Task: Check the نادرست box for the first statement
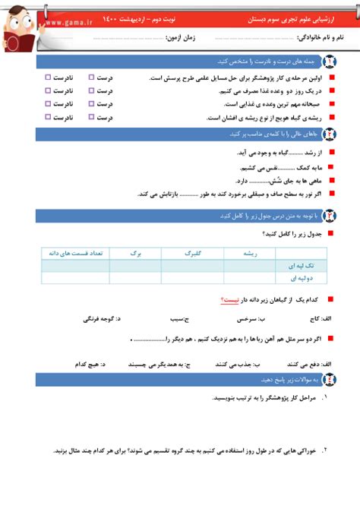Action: point(49,77)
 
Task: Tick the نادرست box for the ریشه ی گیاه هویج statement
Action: point(49,117)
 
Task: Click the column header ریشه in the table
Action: point(251,254)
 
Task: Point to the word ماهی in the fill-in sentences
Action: point(308,180)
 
